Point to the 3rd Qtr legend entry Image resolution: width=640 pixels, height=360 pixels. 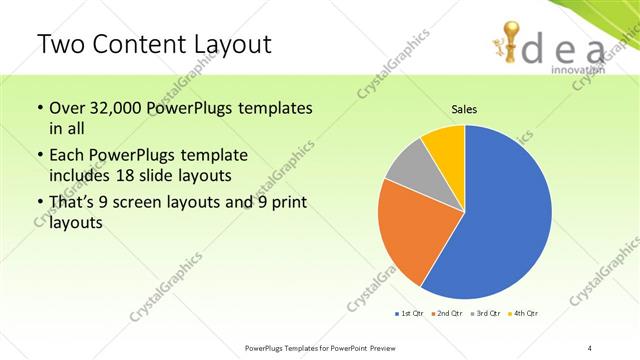[485, 314]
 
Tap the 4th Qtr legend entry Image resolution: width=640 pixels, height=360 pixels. [524, 314]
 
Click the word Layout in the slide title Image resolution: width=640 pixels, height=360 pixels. [226, 45]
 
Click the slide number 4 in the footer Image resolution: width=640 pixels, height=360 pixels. [590, 348]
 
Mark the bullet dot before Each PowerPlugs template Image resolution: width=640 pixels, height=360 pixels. [40, 156]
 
